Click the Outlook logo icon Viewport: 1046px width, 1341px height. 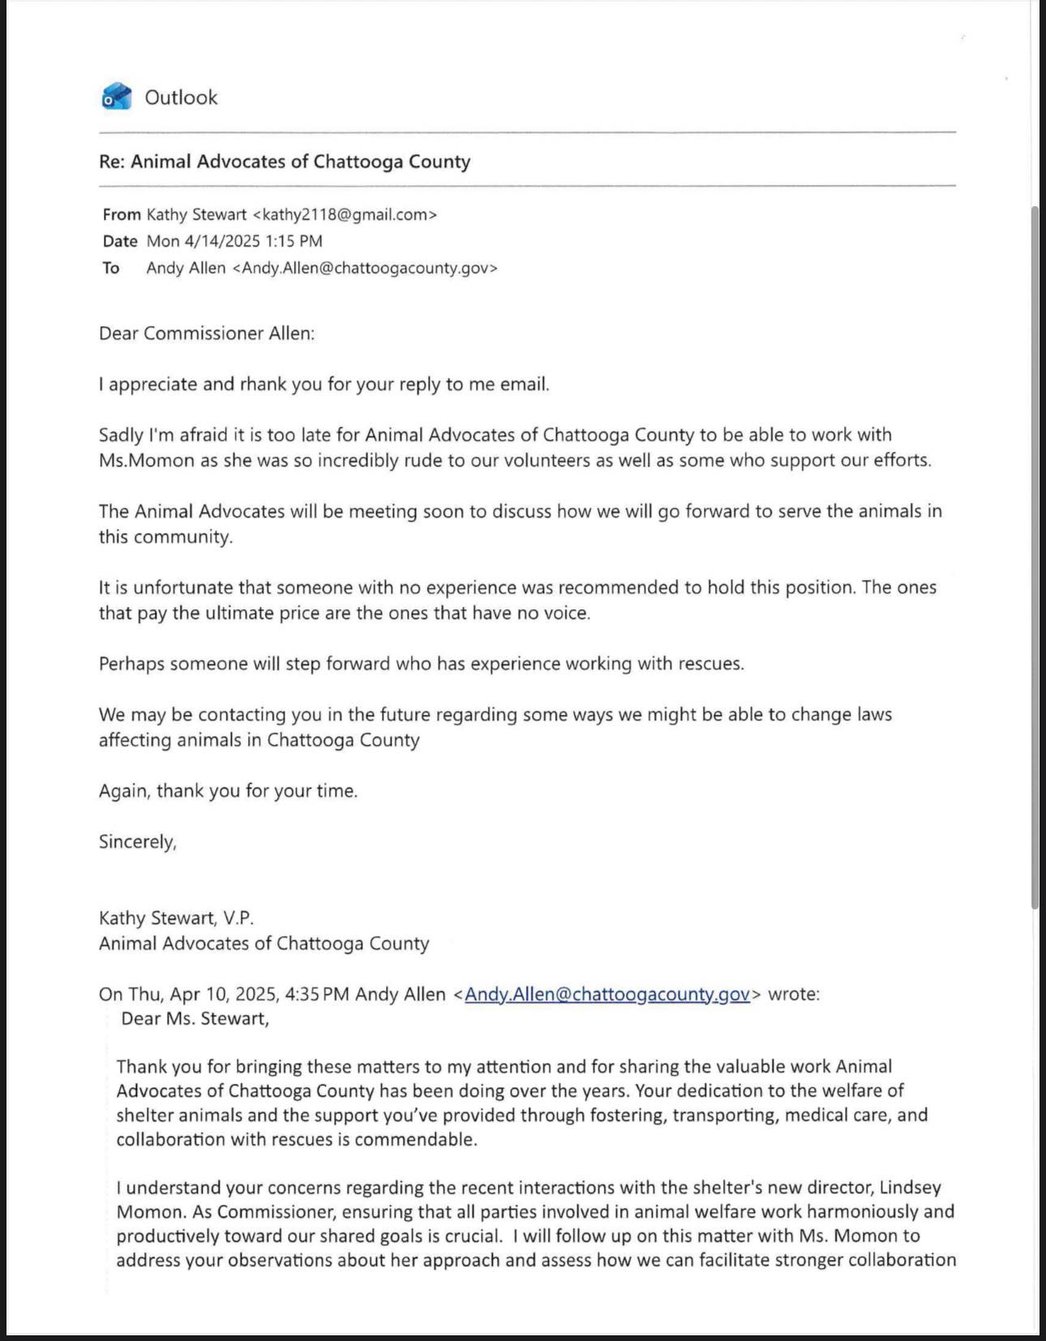[x=117, y=97]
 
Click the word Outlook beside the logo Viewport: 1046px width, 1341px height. [x=181, y=97]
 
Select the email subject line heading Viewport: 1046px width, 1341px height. [x=285, y=161]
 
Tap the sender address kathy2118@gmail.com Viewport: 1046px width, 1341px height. [x=345, y=215]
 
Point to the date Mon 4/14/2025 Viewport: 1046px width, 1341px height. [x=204, y=241]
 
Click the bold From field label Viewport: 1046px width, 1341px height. [x=122, y=215]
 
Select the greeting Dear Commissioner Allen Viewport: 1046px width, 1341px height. [x=207, y=333]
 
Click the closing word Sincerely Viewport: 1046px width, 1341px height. [x=137, y=842]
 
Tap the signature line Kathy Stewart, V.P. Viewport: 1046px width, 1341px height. [x=176, y=918]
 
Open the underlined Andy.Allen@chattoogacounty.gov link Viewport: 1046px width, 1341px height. [x=607, y=994]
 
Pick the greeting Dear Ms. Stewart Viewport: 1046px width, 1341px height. [x=195, y=1019]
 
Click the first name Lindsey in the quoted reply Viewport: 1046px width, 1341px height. [x=911, y=1188]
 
